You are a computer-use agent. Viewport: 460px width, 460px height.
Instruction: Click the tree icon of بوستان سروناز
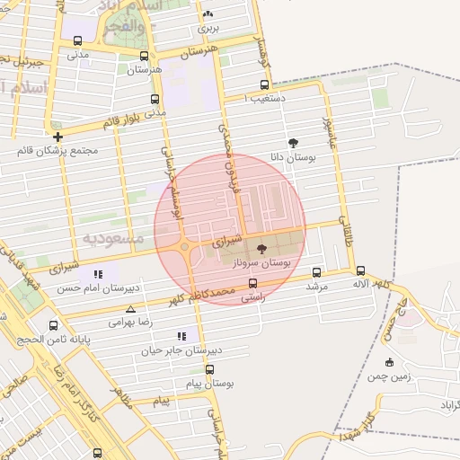[261, 249]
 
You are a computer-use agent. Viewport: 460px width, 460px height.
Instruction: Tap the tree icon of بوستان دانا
[293, 143]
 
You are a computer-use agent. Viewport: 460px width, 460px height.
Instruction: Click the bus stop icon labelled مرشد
[316, 272]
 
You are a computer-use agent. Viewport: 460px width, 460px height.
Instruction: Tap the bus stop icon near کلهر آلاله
[360, 270]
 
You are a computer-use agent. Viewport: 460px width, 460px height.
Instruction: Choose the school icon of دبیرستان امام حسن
[98, 273]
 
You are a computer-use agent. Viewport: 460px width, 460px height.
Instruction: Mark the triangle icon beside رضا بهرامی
[131, 308]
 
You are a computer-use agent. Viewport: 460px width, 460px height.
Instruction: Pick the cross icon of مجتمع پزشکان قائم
[58, 137]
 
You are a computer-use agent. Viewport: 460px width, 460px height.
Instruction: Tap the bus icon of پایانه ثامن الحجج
[54, 326]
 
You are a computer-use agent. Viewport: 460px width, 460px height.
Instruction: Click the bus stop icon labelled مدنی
[78, 41]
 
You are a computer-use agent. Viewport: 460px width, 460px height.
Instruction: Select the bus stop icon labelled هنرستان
[144, 56]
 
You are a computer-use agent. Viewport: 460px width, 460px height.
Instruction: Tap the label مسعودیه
[112, 238]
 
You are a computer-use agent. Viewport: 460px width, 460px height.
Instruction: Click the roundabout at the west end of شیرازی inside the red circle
[183, 246]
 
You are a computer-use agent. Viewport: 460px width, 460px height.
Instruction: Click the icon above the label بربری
[208, 13]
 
